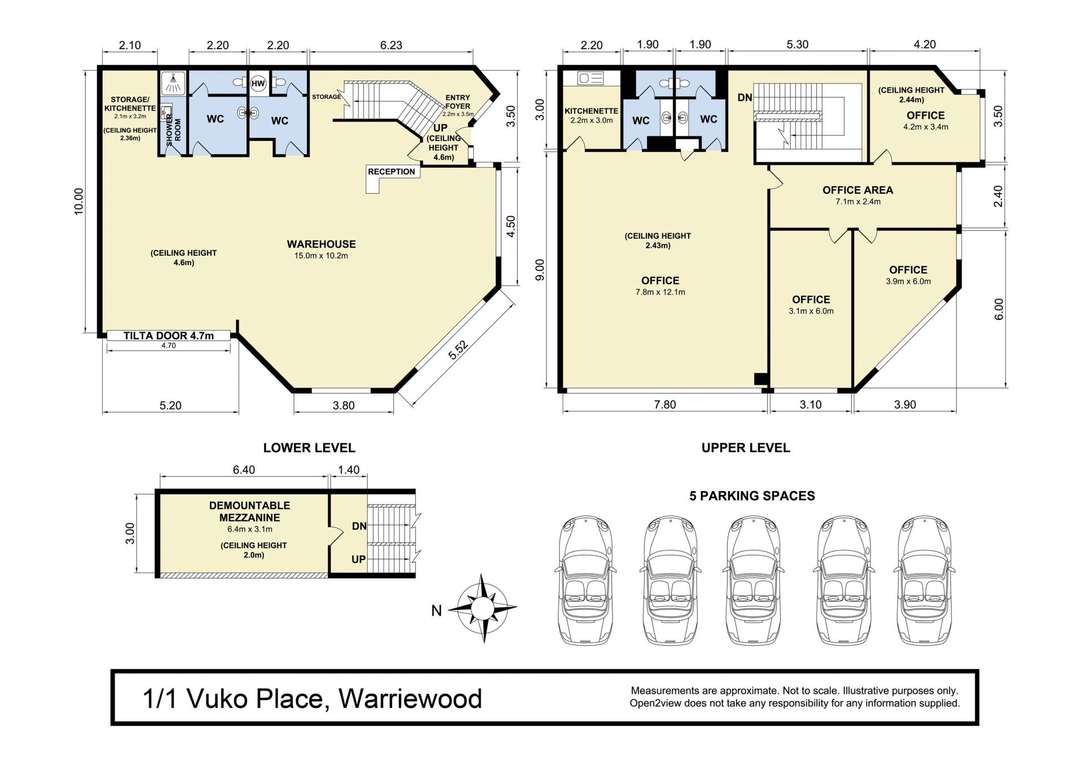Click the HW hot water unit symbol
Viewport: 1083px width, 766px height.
(258, 84)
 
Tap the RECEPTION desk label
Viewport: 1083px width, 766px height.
(391, 172)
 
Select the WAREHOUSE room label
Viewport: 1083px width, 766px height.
(321, 244)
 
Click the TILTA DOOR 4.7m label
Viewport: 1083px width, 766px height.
(169, 336)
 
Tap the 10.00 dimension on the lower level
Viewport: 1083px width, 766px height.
(78, 201)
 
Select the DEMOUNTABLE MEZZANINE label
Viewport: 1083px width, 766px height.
(250, 511)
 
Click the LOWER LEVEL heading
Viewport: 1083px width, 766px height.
(309, 448)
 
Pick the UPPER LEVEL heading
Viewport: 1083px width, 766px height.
(746, 448)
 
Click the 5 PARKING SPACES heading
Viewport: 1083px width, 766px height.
(752, 496)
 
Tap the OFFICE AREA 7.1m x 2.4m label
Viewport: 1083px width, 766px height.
(858, 195)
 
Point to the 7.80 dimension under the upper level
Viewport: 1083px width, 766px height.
(665, 405)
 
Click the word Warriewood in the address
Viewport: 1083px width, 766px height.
(411, 699)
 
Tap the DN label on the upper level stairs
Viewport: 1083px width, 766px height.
(745, 98)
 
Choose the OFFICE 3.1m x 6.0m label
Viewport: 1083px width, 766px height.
(811, 305)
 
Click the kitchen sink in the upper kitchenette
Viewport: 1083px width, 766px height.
(591, 78)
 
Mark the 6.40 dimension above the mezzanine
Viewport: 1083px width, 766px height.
(244, 470)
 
